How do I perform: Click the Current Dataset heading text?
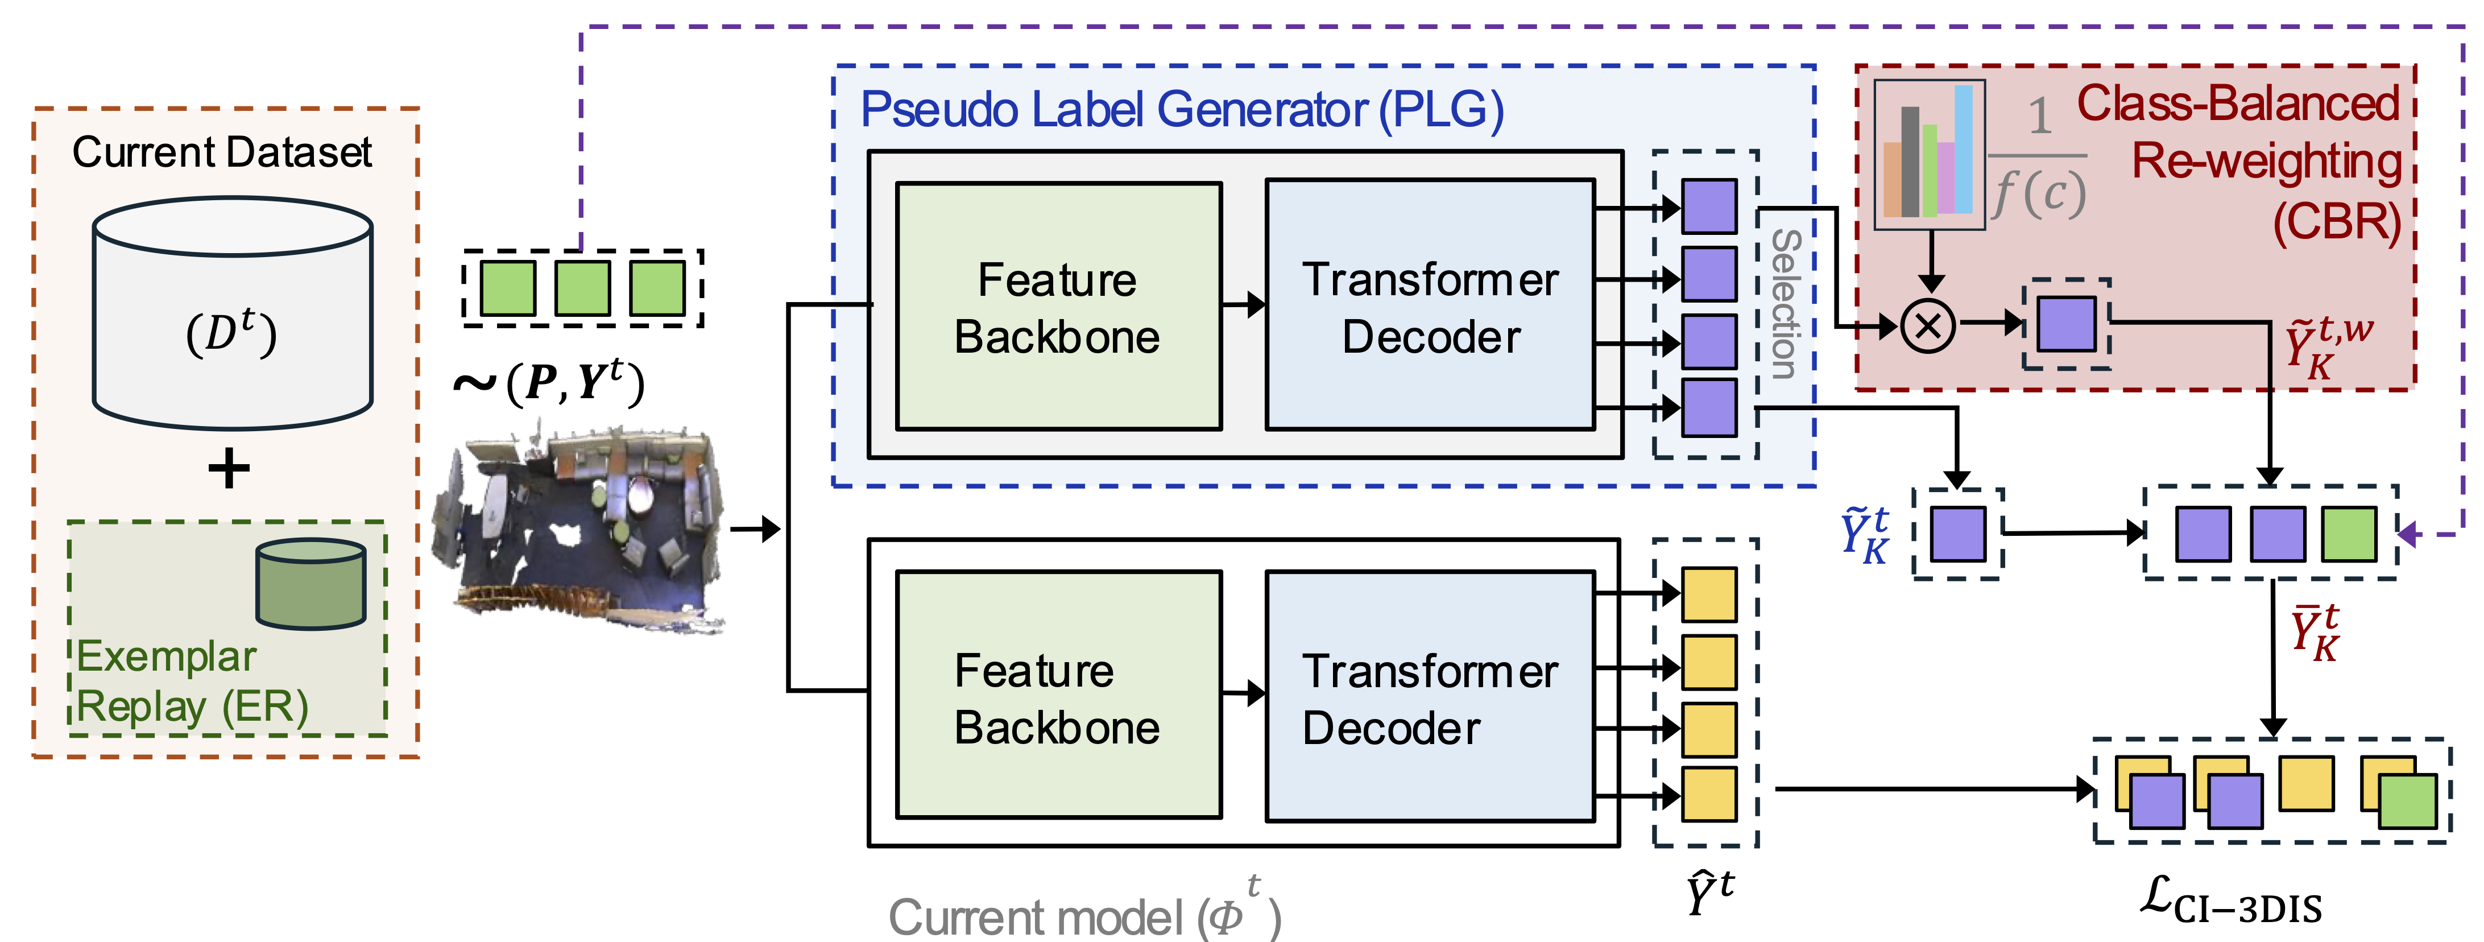(222, 152)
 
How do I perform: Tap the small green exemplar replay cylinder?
(310, 583)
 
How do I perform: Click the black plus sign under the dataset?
(229, 469)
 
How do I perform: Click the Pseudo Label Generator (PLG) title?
(1181, 110)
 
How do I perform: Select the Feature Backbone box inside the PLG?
(1058, 307)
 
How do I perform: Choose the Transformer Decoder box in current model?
(1429, 696)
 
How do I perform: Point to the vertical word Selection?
(1785, 304)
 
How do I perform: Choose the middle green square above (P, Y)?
(582, 287)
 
